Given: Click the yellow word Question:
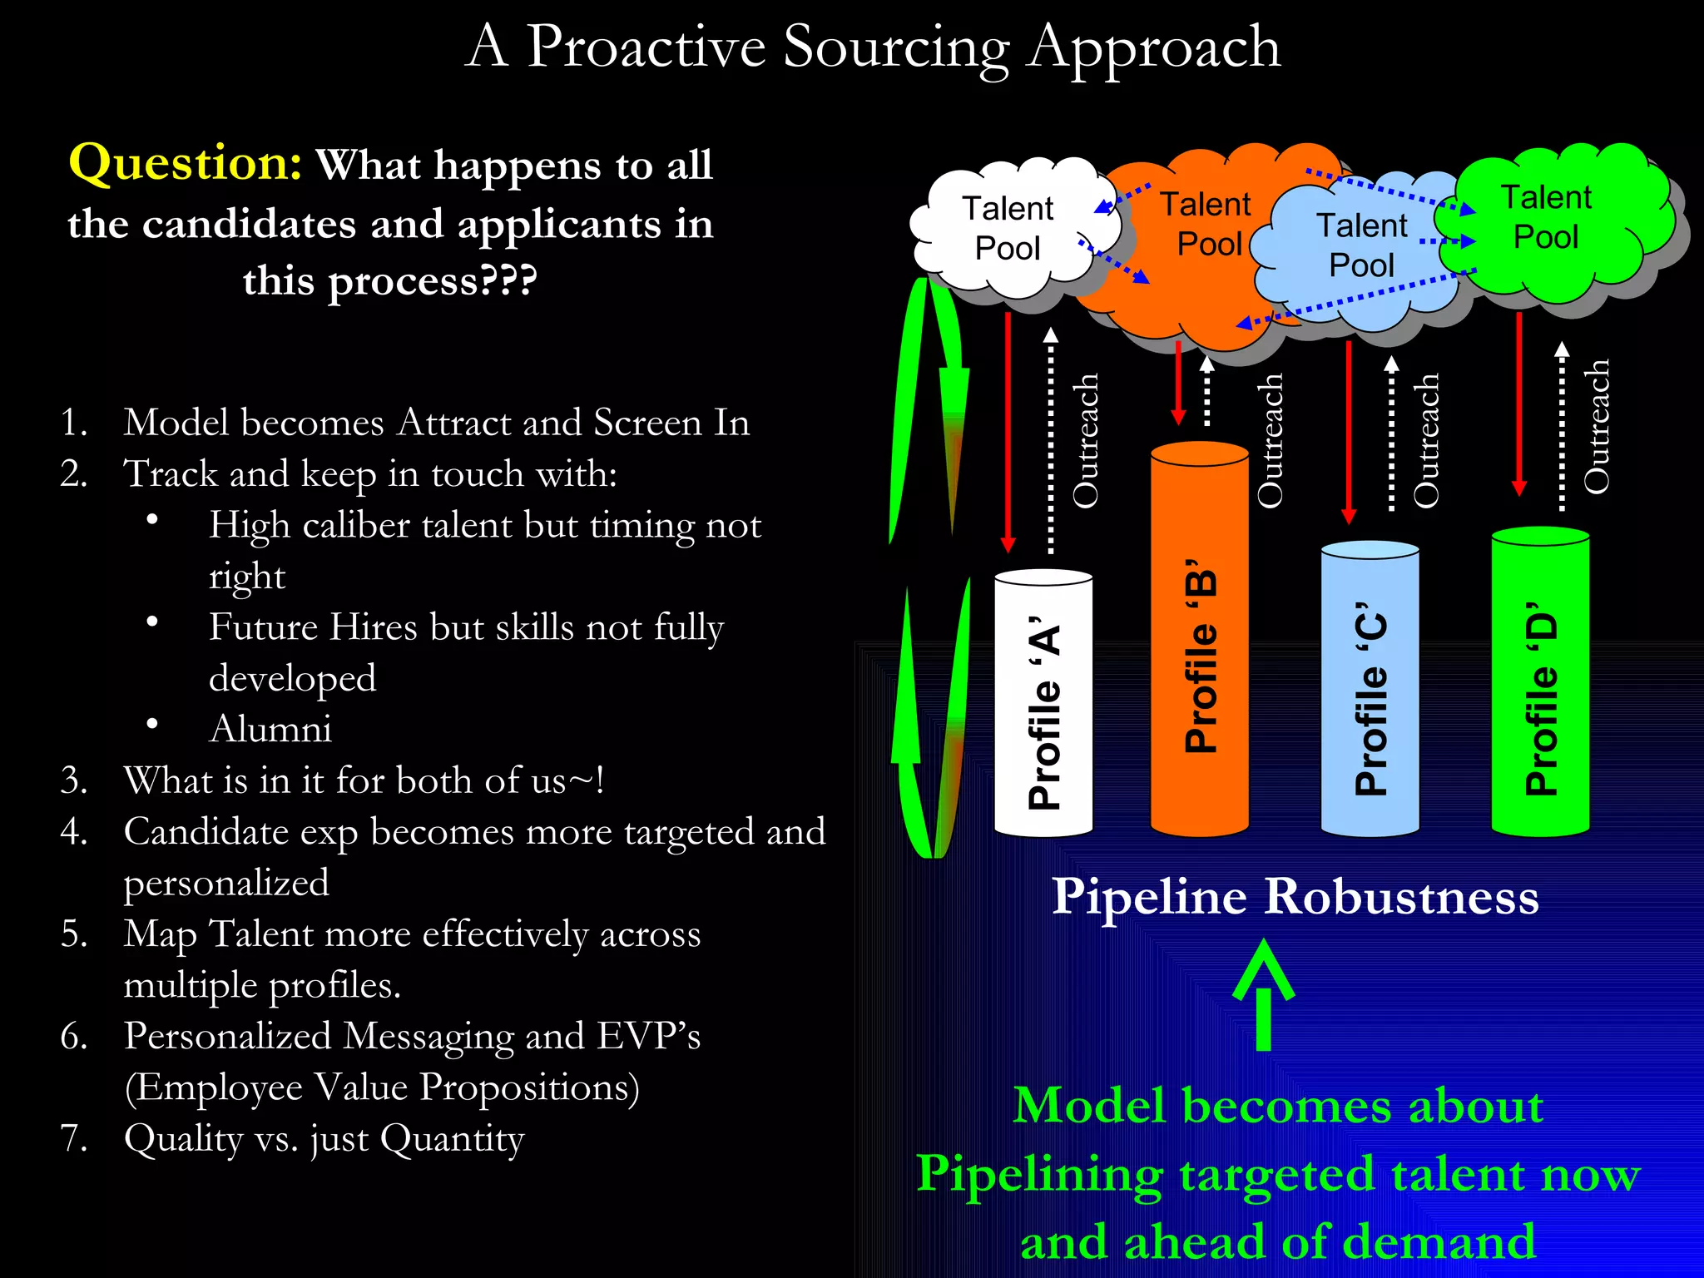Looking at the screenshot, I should pos(185,162).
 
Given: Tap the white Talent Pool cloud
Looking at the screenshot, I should pos(1008,229).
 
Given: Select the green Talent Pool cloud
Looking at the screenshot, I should pos(1546,218).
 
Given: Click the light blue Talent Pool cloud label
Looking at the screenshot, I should pos(1361,245).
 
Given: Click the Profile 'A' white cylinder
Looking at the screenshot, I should pos(1043,707).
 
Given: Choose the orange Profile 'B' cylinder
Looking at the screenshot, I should pos(1199,649).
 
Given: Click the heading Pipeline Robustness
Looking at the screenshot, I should pos(1295,897).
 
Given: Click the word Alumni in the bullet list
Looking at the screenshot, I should pos(270,729).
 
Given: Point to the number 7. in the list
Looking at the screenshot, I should pos(74,1137).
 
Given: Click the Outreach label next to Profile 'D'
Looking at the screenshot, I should pos(1596,426).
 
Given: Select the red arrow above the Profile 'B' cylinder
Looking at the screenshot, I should pos(1178,383).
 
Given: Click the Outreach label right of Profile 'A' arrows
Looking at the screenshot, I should pos(1085,441).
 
